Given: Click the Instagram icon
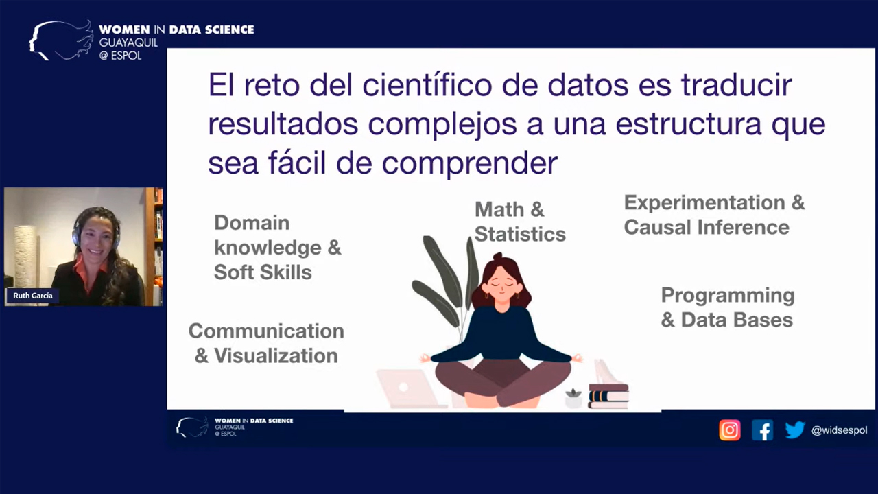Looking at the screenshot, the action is [729, 430].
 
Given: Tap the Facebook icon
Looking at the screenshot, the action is [762, 430].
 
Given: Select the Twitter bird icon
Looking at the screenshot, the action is [795, 430].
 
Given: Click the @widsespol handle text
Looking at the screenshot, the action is [839, 430].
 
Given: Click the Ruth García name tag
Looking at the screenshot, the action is [33, 296].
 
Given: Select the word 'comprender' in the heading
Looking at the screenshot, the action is [470, 164].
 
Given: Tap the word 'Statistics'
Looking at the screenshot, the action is [520, 235].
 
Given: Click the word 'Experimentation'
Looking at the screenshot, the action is [704, 202].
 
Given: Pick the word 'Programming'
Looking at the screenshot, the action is [728, 296].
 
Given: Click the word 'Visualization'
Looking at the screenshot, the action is [276, 356].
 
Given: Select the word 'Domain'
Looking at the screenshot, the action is [252, 223].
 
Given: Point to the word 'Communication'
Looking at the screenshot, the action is [266, 331].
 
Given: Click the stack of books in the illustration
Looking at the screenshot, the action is [608, 396].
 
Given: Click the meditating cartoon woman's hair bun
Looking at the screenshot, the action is [497, 257].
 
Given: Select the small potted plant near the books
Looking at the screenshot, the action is [573, 399].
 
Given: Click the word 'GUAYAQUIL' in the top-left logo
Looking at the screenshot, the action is [128, 43].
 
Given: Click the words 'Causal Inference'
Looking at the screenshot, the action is [707, 227].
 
